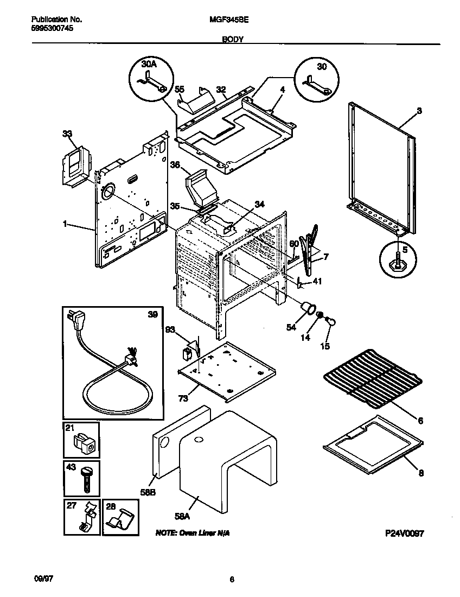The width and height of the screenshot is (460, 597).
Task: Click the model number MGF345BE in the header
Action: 225,19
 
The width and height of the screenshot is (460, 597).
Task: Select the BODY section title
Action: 232,40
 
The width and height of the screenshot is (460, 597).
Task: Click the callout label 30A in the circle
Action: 149,64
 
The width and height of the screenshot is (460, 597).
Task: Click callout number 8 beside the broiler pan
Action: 421,473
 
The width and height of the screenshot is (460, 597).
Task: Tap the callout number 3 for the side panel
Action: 419,110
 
